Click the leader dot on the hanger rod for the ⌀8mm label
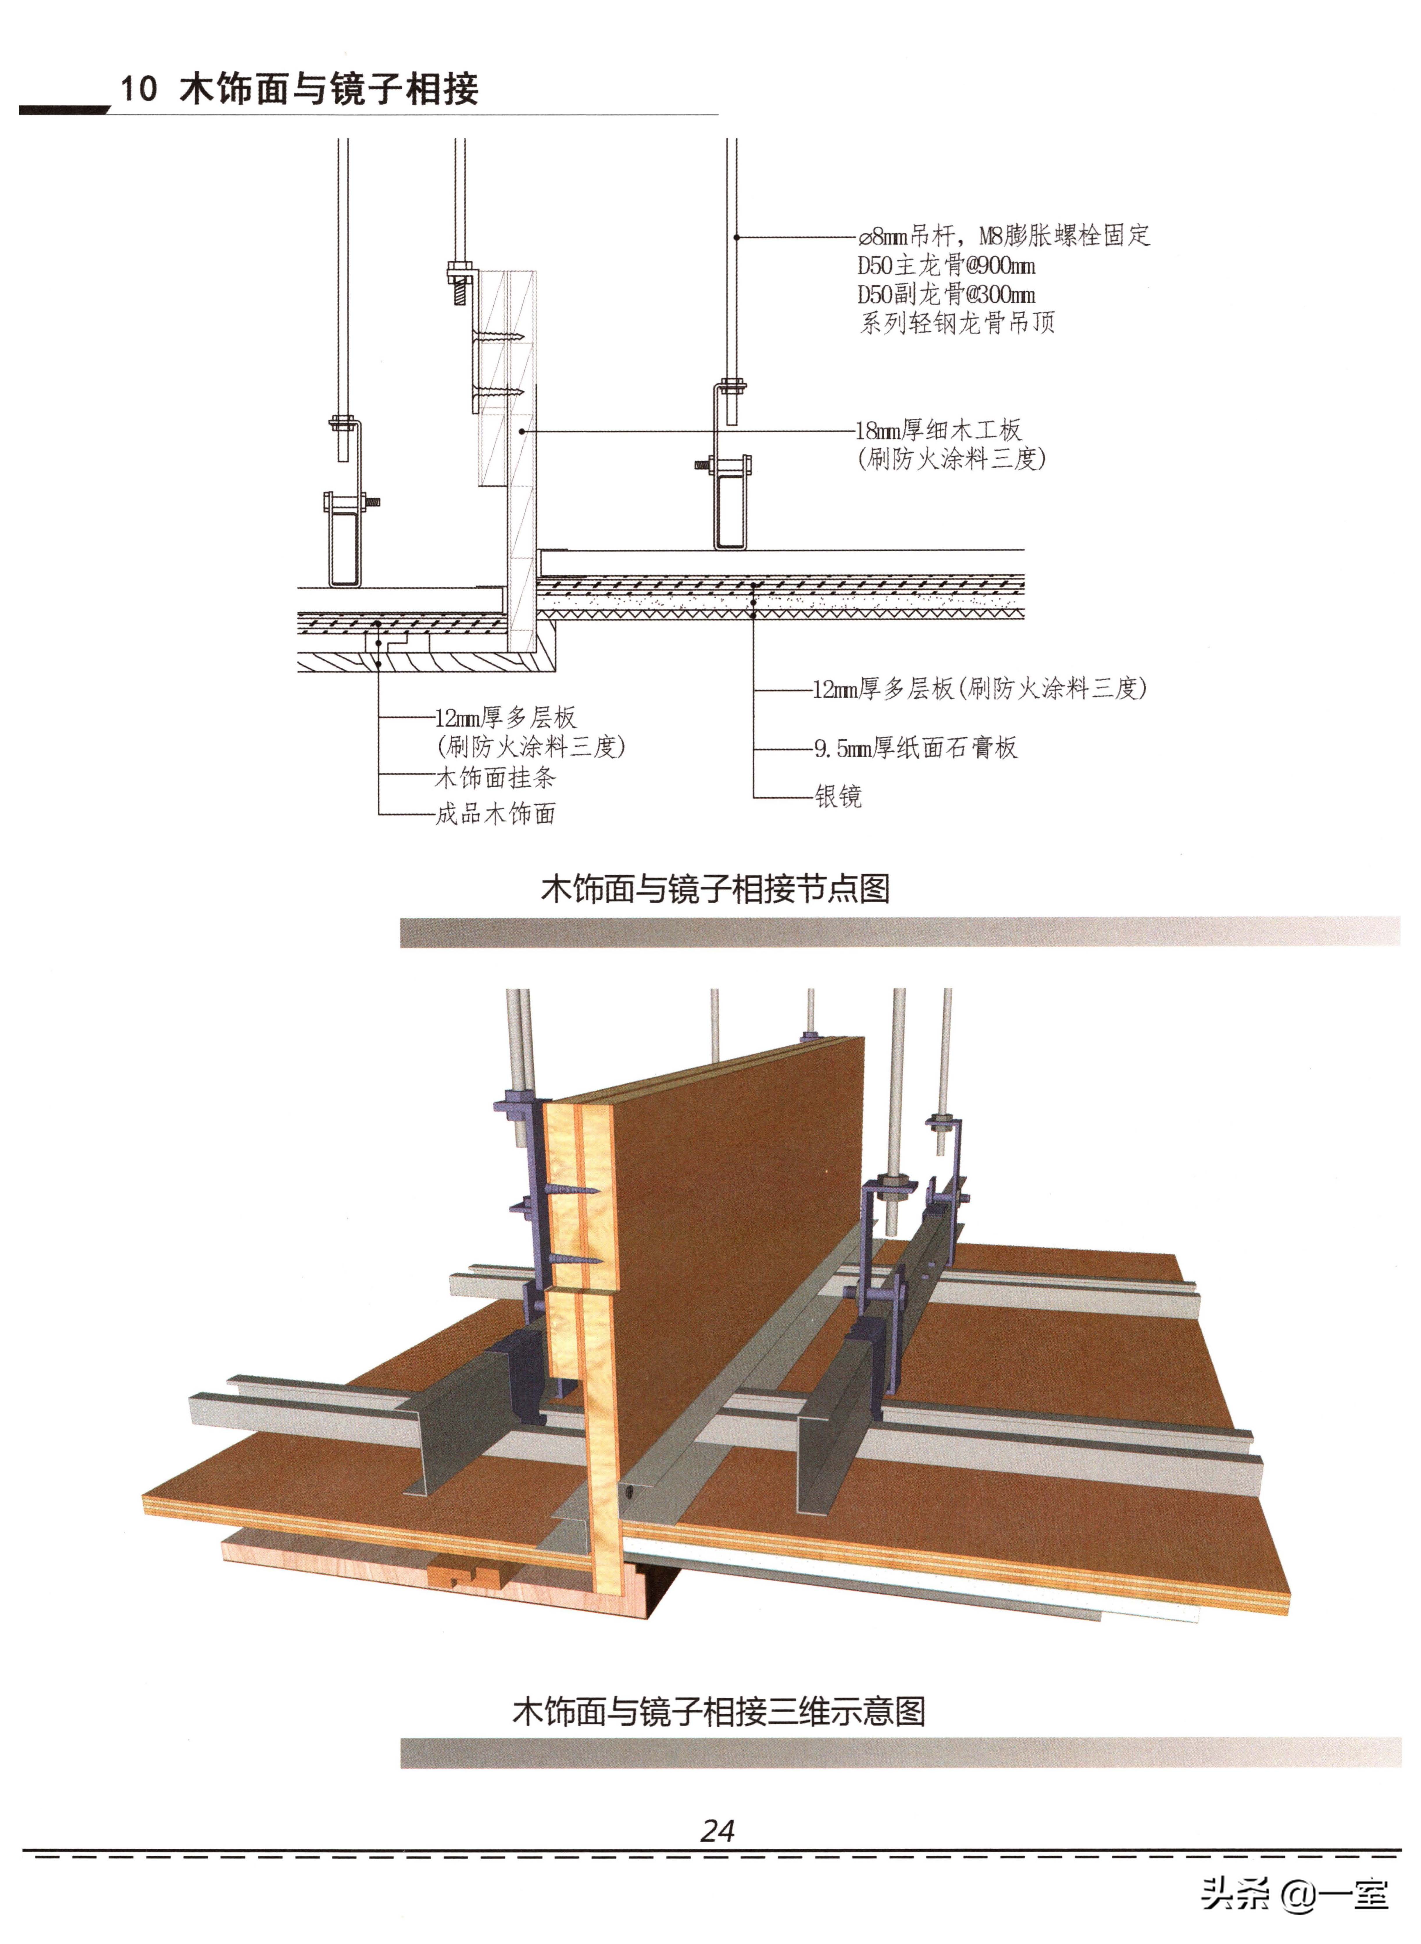tap(736, 237)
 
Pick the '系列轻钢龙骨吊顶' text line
tap(956, 323)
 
